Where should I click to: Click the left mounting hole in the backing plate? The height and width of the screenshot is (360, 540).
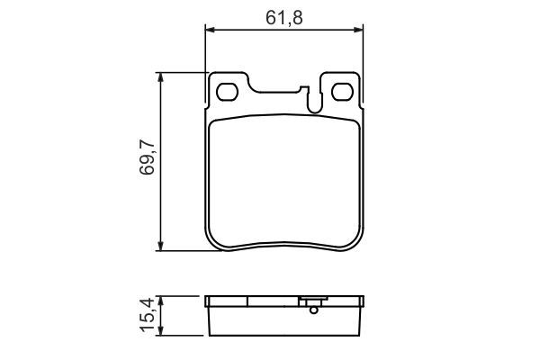(227, 92)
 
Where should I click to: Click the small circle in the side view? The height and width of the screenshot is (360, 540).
(312, 312)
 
